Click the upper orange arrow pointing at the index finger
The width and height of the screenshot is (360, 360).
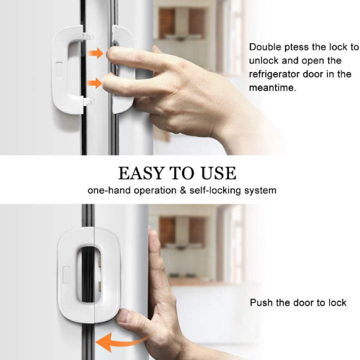(x=96, y=53)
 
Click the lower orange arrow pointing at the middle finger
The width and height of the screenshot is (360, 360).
(x=94, y=83)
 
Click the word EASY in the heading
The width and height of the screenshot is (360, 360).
(x=141, y=173)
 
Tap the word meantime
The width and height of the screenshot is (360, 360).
(x=272, y=88)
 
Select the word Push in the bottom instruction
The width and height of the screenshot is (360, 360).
(x=261, y=302)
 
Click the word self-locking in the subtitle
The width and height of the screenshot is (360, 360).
(x=215, y=191)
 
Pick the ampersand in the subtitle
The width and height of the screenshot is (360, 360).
(x=183, y=191)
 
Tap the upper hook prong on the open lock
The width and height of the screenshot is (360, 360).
(x=89, y=37)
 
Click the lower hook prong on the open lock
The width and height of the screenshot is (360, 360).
(x=89, y=102)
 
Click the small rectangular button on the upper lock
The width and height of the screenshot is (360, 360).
(x=59, y=70)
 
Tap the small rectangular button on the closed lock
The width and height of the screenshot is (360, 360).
(x=66, y=275)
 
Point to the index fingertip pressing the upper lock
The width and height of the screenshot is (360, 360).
(x=110, y=53)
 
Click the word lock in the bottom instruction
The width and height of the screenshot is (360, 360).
(x=338, y=302)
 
